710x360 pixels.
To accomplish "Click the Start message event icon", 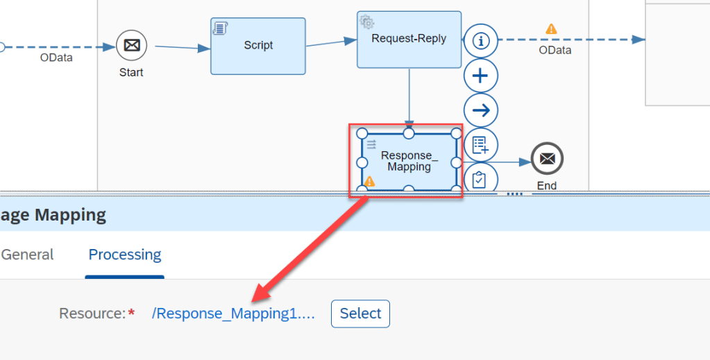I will click(131, 46).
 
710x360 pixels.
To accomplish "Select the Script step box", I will click(258, 46).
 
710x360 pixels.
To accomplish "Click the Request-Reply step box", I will click(409, 40).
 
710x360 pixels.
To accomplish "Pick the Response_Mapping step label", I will click(409, 161).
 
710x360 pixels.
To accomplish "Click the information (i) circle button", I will click(480, 41).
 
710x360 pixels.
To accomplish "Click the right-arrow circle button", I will click(480, 110).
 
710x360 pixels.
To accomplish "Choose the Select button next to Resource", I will click(360, 314).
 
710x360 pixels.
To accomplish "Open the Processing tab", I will click(125, 255).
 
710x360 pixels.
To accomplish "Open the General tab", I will click(28, 255).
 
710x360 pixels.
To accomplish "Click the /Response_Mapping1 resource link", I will click(233, 314).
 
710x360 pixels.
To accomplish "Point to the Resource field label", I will click(92, 314).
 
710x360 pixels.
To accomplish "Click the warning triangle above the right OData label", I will click(551, 29).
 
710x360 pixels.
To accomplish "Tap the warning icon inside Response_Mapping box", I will click(369, 182).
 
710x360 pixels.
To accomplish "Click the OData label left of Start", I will click(56, 58).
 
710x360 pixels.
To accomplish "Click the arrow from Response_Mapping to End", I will click(494, 162).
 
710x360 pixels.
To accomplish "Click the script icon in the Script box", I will click(221, 28).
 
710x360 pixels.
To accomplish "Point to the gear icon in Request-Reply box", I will click(367, 22).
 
